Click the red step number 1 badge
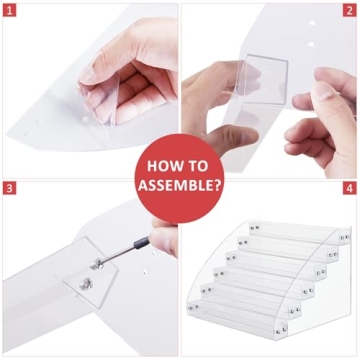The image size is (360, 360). (9, 9)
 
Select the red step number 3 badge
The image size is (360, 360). (9, 188)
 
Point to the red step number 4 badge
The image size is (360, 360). (349, 188)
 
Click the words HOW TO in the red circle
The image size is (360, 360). (179, 166)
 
